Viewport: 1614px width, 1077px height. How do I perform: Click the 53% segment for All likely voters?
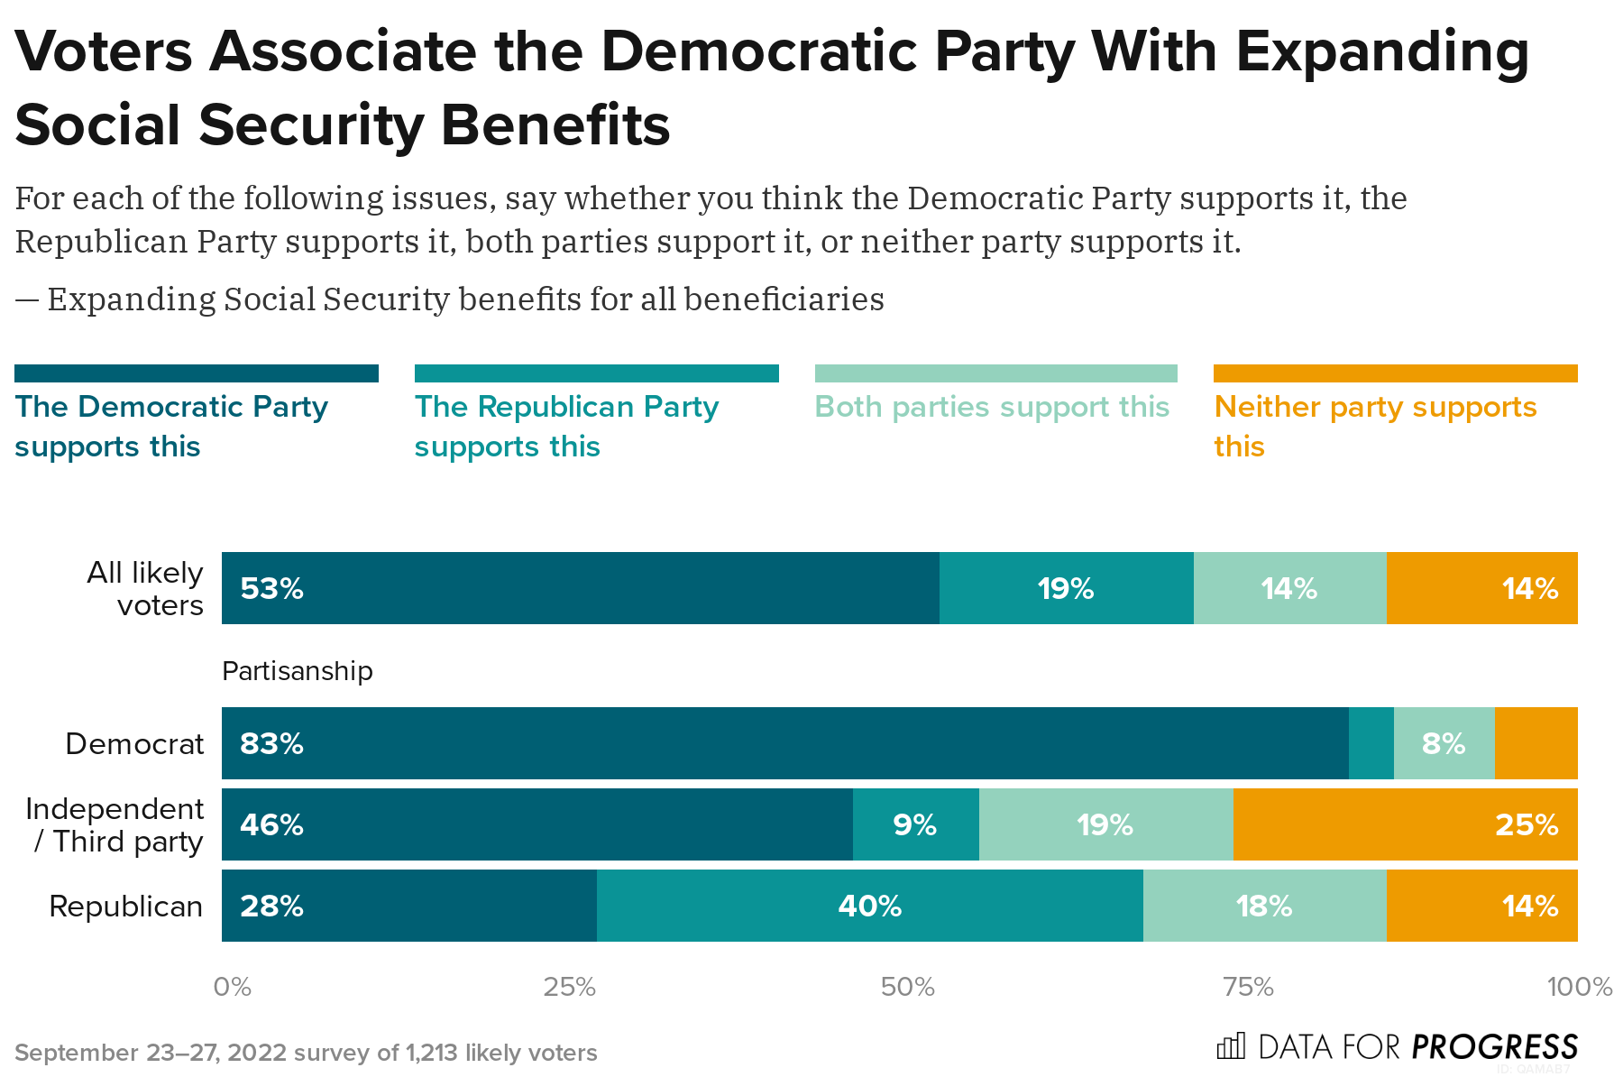coord(580,588)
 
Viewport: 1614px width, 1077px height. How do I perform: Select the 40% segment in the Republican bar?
coord(869,906)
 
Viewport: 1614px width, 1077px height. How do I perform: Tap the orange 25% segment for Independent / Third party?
coord(1405,824)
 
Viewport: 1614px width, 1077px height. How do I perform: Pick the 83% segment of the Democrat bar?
coord(784,743)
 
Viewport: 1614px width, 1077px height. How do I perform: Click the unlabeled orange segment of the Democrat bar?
coord(1536,743)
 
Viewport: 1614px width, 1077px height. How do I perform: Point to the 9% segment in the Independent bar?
coord(915,824)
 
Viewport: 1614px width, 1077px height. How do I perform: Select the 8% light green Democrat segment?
coord(1444,743)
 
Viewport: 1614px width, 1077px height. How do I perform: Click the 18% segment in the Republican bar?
coord(1264,906)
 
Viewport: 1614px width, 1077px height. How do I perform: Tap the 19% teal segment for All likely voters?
coord(1066,588)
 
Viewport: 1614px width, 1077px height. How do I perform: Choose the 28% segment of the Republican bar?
coord(408,906)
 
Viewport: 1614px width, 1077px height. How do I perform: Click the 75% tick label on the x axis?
coord(1248,987)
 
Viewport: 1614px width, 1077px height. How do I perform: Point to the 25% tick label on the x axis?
coord(569,987)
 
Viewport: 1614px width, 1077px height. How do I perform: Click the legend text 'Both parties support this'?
coord(992,407)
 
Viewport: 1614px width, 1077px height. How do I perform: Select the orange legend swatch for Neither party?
coord(1395,373)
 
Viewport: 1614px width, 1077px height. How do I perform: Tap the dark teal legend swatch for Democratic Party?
coord(197,373)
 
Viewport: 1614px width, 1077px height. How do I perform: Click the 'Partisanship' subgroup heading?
coord(297,671)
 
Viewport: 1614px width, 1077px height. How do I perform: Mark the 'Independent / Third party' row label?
coord(115,824)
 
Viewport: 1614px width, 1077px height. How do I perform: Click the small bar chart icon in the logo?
coord(1231,1046)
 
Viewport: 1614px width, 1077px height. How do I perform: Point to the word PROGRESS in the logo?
coord(1494,1047)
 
